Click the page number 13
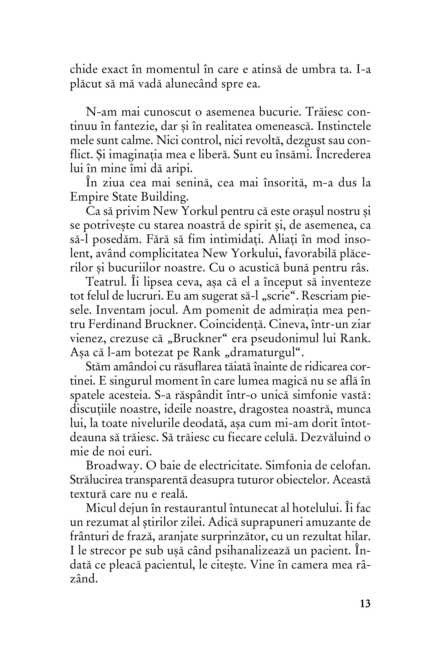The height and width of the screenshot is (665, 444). click(365, 604)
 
